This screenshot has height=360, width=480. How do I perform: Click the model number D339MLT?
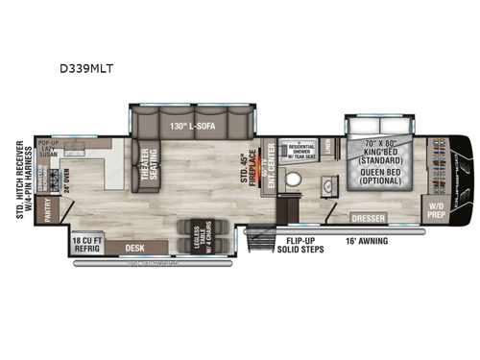[x=104, y=69]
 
